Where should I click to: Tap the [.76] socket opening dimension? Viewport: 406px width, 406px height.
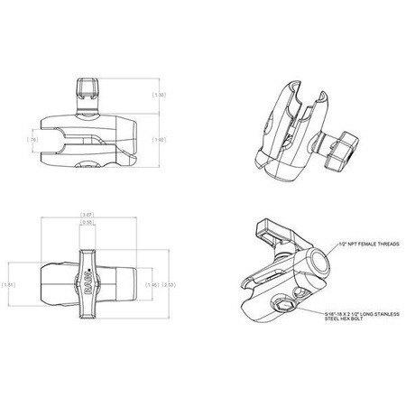point(33,141)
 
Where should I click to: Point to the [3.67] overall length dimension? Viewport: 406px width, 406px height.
point(89,214)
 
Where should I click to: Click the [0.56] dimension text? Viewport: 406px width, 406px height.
point(89,222)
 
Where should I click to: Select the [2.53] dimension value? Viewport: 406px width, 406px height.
point(170,285)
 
